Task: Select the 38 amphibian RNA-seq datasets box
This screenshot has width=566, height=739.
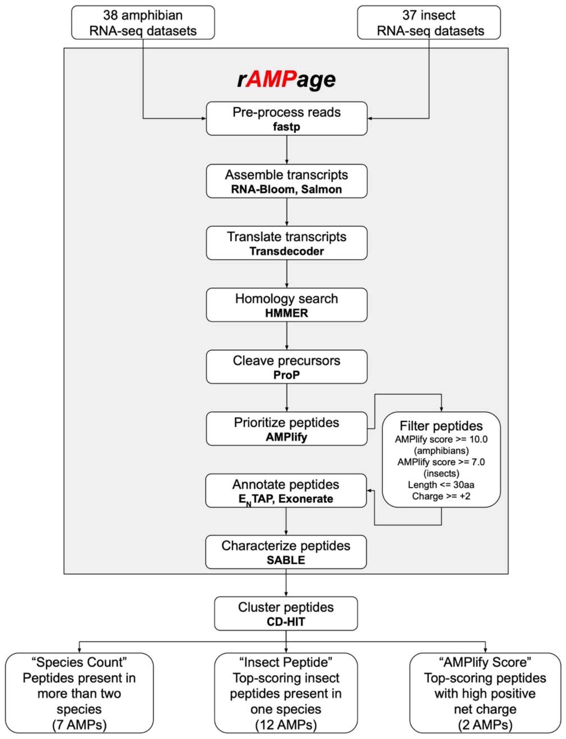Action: [x=143, y=23]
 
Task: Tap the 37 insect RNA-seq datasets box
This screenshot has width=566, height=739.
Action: [x=429, y=23]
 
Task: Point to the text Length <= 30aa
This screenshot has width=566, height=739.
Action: [x=441, y=485]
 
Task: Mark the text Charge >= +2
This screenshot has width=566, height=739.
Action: [x=441, y=496]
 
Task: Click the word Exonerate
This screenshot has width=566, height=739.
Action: [x=306, y=499]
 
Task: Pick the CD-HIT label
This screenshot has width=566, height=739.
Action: [x=286, y=621]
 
